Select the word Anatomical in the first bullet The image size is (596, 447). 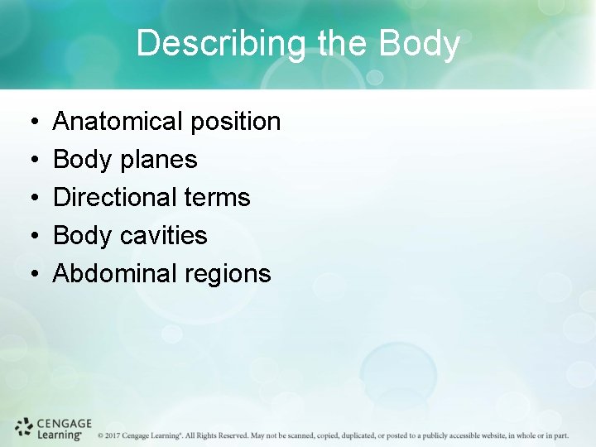118,122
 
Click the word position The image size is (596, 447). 235,122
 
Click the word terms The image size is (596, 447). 218,198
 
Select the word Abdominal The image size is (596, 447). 115,274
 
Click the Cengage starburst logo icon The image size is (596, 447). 24,428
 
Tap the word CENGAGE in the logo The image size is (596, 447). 64,423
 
